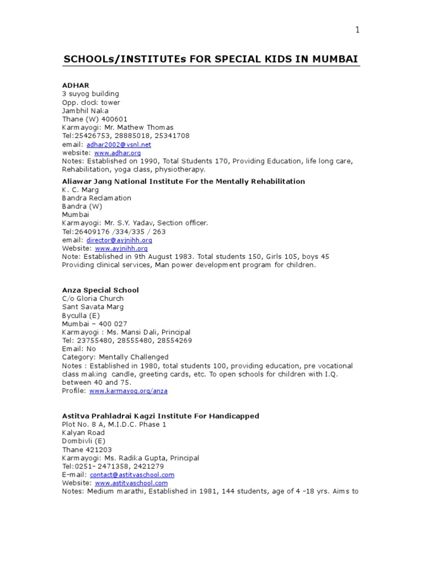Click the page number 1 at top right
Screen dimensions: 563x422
(x=357, y=30)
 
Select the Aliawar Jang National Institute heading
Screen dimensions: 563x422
(x=184, y=181)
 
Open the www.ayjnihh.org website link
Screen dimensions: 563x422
(x=121, y=249)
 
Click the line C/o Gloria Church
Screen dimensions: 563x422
(x=92, y=299)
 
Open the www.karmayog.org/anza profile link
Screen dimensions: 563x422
(x=128, y=391)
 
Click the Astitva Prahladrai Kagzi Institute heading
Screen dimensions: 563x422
(x=160, y=416)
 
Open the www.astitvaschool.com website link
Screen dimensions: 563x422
(x=131, y=483)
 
